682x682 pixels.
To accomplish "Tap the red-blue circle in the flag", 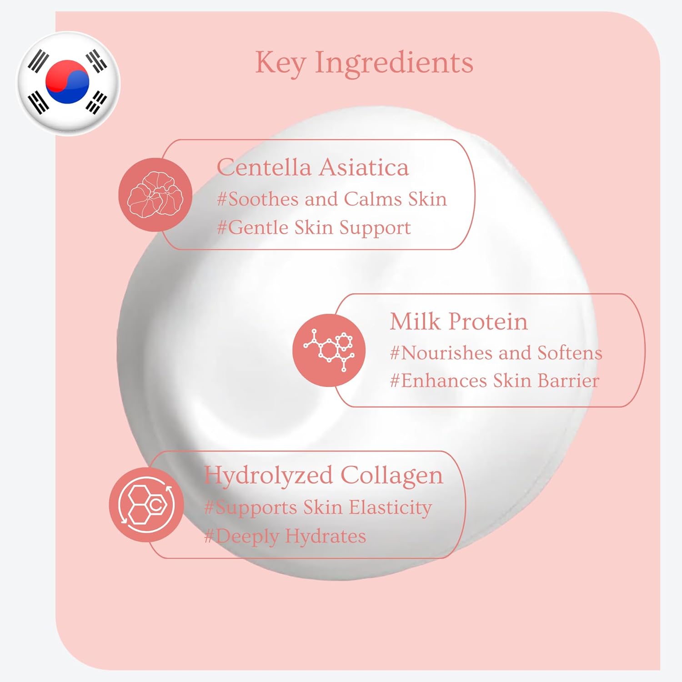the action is [x=67, y=81].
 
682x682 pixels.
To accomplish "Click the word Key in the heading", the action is [x=280, y=63].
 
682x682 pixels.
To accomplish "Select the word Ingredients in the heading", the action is [x=394, y=63].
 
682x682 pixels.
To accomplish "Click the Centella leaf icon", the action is [x=155, y=195].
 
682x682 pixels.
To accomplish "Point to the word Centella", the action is [x=264, y=167].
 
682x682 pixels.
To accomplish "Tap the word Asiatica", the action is [x=364, y=167].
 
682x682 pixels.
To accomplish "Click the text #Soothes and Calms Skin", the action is [x=332, y=199].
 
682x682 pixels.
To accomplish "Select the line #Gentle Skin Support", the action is [x=314, y=228].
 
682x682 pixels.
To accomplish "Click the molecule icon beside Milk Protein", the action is [x=329, y=350].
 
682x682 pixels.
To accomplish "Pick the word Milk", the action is [x=415, y=321].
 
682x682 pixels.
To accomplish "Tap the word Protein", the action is [x=488, y=321].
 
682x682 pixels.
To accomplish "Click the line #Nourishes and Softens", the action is [x=496, y=353].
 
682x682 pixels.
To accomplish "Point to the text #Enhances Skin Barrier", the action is [x=495, y=381].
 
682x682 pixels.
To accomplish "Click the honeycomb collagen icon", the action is [x=146, y=505].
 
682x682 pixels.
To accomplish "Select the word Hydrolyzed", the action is [x=269, y=476].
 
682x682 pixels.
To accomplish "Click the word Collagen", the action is [x=392, y=476].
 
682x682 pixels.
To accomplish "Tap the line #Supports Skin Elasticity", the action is [x=318, y=508].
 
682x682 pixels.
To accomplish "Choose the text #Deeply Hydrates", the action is [x=285, y=537].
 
